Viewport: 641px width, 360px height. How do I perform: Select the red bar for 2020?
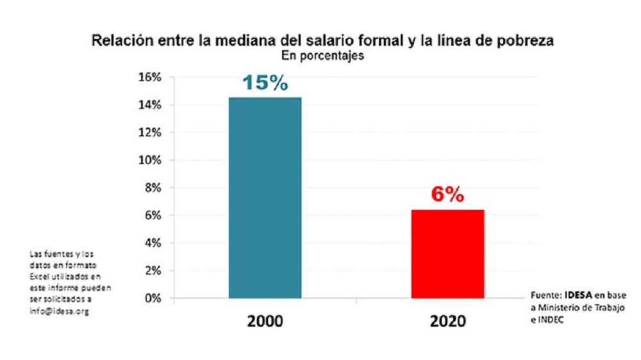447,254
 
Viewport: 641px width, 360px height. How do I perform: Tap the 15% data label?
265,83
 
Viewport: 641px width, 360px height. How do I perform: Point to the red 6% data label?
447,195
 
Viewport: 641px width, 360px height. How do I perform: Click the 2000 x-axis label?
264,321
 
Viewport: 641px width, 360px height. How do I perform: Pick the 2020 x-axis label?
447,321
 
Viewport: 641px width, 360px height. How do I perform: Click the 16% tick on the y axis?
150,78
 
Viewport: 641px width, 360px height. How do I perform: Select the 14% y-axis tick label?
150,105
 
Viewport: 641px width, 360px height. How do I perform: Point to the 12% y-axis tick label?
150,133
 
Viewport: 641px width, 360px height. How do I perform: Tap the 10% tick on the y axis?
150,160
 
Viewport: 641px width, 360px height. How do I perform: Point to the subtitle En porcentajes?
323,56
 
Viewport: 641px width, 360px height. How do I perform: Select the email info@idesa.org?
59,311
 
